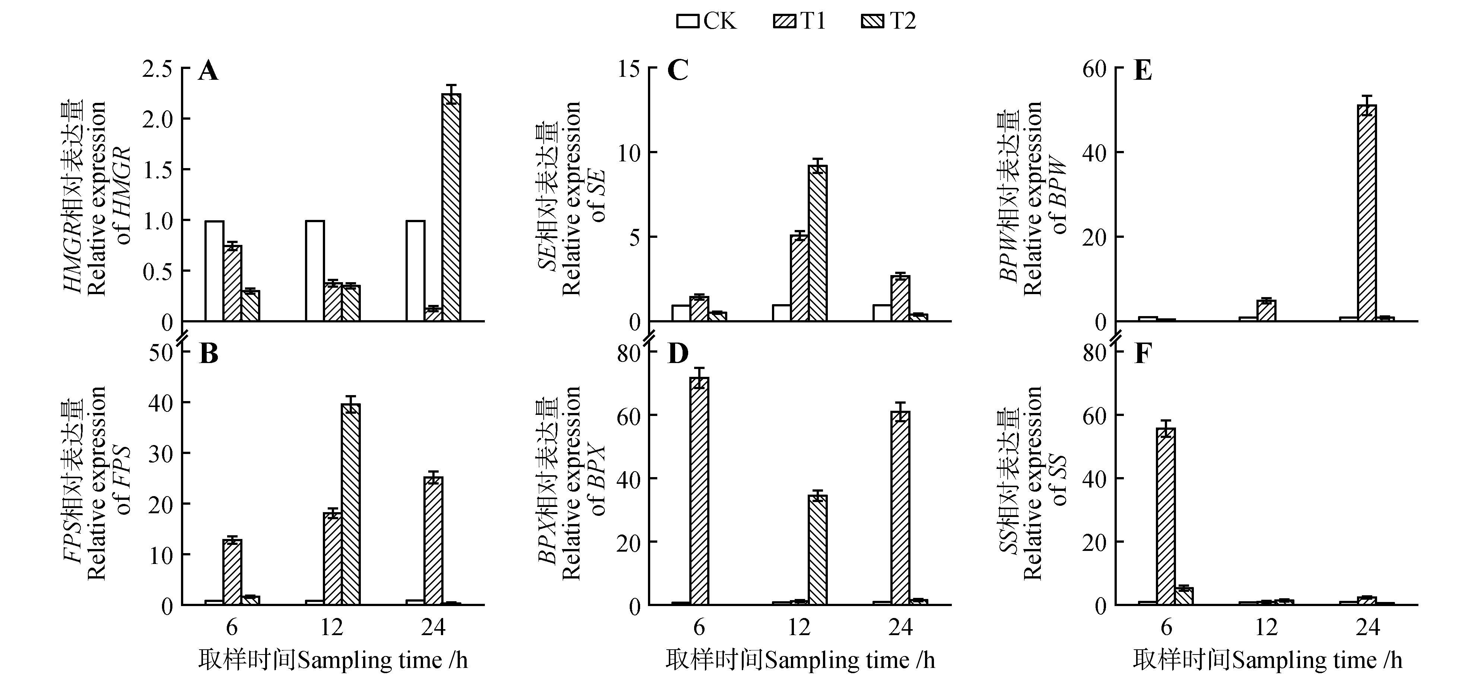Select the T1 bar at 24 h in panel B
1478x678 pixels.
point(433,540)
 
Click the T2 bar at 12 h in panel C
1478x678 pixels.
point(818,243)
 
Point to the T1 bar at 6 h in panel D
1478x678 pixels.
point(699,491)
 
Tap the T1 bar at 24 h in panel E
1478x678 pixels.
point(1367,213)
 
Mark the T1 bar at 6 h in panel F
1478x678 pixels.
point(1166,516)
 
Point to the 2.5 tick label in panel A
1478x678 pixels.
point(157,69)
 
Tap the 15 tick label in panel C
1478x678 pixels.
point(629,69)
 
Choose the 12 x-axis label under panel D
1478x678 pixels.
point(799,627)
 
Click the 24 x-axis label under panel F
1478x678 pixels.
point(1367,627)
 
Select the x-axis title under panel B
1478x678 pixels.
point(333,660)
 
